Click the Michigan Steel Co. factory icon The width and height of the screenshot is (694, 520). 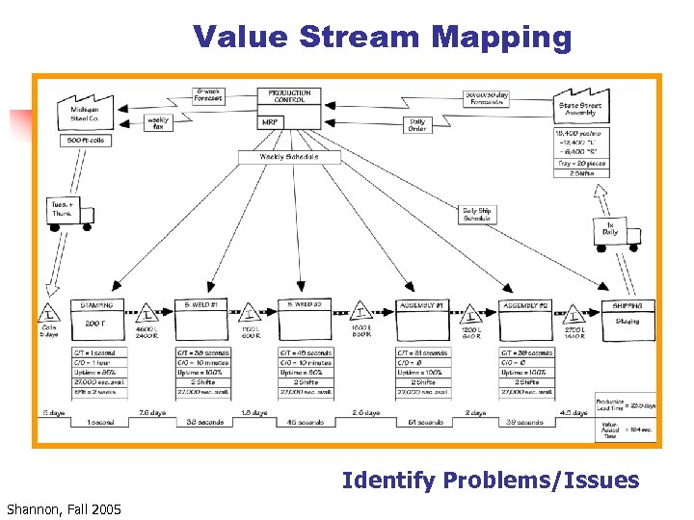point(84,109)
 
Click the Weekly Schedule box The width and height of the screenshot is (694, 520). point(288,156)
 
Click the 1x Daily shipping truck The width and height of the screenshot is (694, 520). point(609,231)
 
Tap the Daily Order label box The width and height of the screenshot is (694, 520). point(416,124)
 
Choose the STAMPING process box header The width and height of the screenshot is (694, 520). point(96,305)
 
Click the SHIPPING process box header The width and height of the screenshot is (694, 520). point(627,305)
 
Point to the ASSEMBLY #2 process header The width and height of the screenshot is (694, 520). point(524,305)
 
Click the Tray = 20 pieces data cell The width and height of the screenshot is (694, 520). point(582,164)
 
